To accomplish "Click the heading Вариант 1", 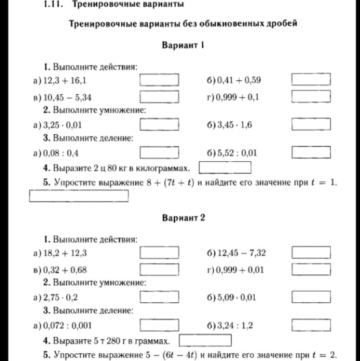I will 183,45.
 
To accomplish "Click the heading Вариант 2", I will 183,218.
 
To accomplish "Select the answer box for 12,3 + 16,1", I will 159,80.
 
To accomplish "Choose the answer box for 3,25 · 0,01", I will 159,125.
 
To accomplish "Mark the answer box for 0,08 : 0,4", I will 159,153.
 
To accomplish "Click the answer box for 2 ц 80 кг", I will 225,168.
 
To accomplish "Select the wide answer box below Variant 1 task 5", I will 79,196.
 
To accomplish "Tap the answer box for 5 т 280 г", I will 205,341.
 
